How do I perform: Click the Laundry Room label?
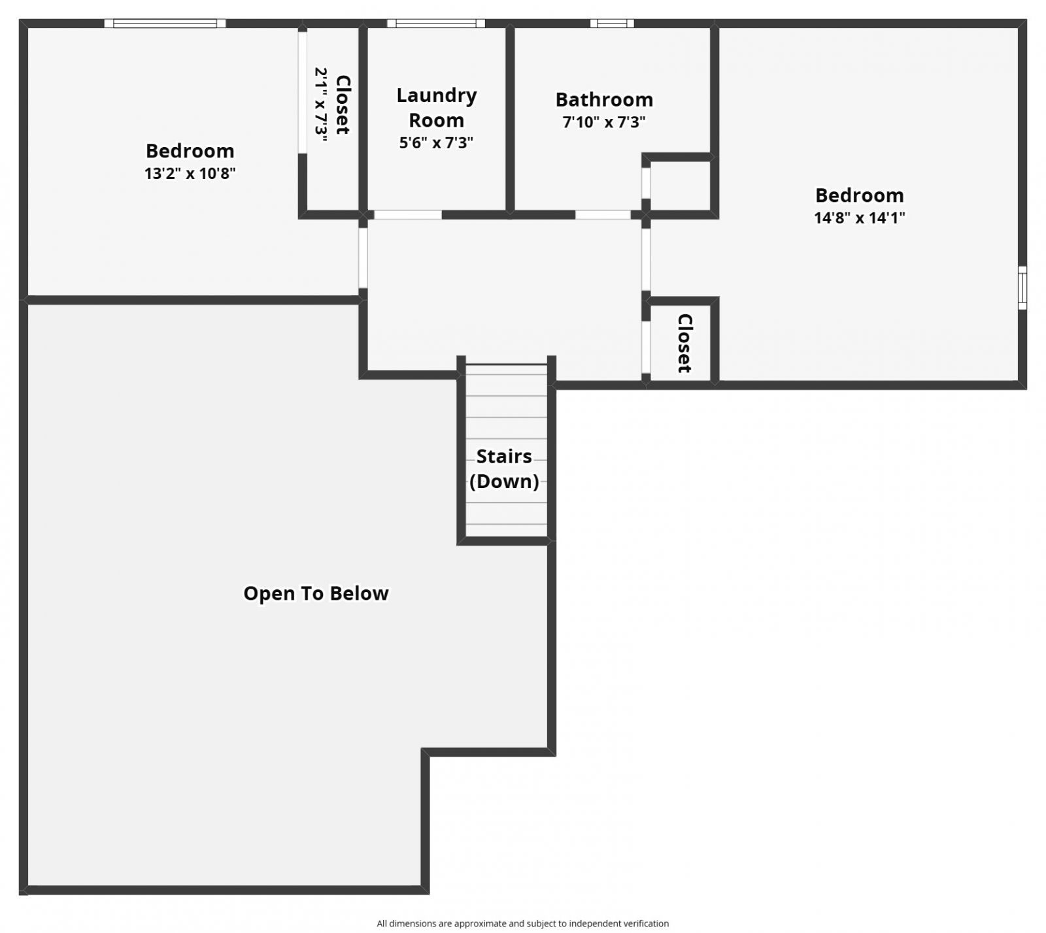(436, 108)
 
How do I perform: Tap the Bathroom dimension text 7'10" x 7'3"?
(604, 122)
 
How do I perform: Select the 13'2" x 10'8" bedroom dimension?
(190, 174)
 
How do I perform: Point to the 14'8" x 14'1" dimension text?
(859, 218)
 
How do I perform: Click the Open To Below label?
(316, 593)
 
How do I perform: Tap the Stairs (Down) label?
(504, 468)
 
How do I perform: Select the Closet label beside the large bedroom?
(684, 343)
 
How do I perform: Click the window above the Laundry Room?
(435, 24)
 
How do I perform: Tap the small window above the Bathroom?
(612, 24)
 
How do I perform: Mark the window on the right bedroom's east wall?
(1022, 287)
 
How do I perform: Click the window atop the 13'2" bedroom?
(165, 24)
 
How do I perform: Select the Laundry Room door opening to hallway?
(407, 215)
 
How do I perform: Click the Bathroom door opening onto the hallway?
(603, 215)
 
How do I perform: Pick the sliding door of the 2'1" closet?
(302, 91)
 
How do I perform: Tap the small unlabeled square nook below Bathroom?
(680, 186)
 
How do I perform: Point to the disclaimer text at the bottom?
(522, 923)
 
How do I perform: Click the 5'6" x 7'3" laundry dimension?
(436, 143)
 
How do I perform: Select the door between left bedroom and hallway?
(363, 257)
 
